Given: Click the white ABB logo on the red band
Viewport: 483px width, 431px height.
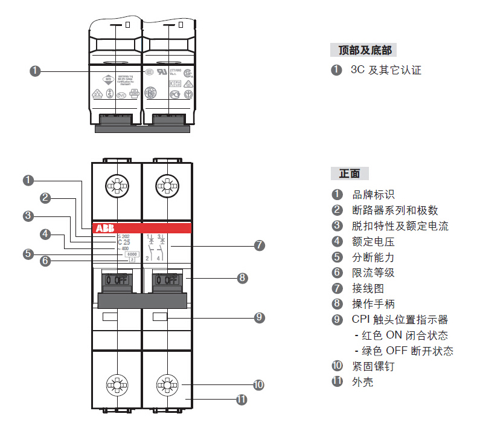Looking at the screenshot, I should click(x=102, y=228).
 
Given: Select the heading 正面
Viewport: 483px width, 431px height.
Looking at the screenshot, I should click(x=350, y=174).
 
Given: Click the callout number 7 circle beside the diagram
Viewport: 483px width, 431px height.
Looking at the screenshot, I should click(x=259, y=246).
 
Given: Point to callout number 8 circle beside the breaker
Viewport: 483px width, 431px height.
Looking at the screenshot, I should click(x=242, y=278).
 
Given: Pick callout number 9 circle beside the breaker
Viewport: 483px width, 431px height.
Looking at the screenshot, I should click(x=259, y=317).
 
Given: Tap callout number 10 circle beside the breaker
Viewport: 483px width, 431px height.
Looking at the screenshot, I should click(x=259, y=384).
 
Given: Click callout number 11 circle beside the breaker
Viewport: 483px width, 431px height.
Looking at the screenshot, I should click(x=242, y=400).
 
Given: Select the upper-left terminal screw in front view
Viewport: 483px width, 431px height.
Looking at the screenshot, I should click(x=116, y=185).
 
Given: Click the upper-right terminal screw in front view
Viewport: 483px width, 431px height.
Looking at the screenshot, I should click(x=166, y=185).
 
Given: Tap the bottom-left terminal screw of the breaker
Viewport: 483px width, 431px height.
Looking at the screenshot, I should click(x=116, y=384).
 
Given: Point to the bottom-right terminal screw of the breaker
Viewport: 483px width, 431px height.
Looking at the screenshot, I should click(x=166, y=384).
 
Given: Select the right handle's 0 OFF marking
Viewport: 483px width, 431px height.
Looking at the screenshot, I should click(x=166, y=280).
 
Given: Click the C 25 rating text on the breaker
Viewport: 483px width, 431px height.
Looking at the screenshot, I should click(x=124, y=242).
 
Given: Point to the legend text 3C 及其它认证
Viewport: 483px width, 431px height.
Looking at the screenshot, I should click(x=386, y=70).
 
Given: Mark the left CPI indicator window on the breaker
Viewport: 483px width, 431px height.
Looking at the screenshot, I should click(x=110, y=317).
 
